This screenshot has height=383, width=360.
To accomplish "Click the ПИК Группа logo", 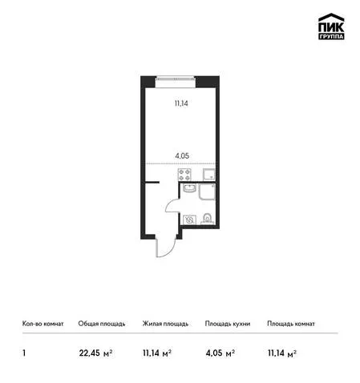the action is (x=331, y=26).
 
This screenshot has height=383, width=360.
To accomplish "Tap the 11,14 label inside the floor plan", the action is (x=181, y=103).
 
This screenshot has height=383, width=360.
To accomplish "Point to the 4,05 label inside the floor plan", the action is (x=182, y=155).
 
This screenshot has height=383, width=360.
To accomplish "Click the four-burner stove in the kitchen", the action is (x=184, y=175).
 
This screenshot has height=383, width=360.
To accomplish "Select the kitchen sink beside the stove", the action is (x=209, y=175).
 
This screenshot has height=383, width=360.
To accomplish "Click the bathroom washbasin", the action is (x=190, y=188).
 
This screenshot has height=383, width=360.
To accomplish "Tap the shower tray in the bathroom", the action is (x=207, y=191).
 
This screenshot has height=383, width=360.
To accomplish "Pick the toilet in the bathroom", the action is (x=208, y=219).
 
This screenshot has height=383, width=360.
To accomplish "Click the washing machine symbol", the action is (x=190, y=220).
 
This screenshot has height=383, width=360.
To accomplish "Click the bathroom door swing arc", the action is (x=169, y=203).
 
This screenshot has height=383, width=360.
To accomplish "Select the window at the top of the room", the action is (x=175, y=78).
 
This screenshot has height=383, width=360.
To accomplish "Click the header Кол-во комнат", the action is (x=43, y=324).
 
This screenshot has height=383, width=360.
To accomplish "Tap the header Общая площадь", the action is (x=102, y=324).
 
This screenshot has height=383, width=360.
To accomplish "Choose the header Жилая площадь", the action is (x=165, y=324).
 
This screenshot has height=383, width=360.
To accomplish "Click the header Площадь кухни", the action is (x=228, y=324).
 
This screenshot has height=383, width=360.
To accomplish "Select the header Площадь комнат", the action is (x=291, y=324).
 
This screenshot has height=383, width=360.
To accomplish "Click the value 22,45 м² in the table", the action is (x=95, y=353).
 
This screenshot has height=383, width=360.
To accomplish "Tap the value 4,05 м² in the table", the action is (x=220, y=353).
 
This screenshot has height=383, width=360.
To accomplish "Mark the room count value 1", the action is (x=24, y=353).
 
